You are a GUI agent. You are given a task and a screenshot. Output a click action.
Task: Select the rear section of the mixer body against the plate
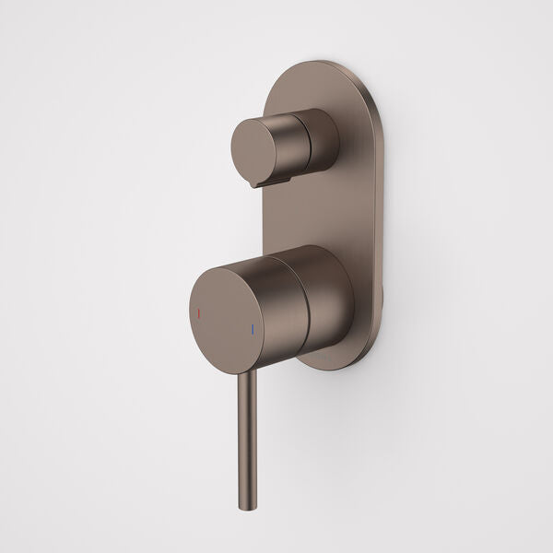click(336, 295)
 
